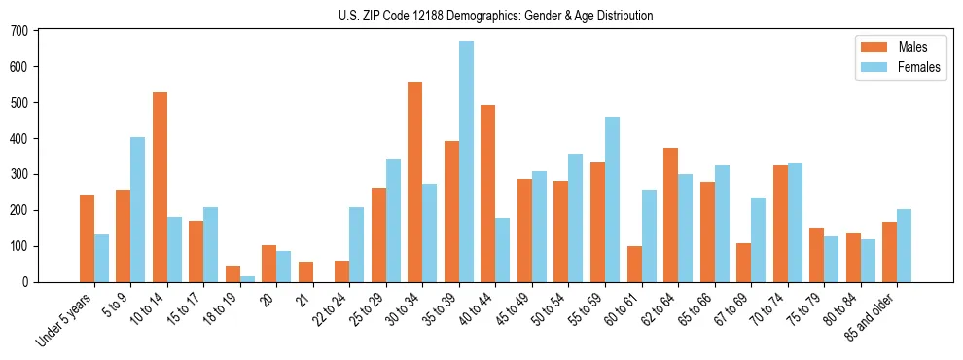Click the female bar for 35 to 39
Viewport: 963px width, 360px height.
(467, 162)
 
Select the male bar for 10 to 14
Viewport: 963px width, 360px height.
(160, 188)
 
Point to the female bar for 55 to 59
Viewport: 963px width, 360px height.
(613, 199)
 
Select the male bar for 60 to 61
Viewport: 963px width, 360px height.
(634, 265)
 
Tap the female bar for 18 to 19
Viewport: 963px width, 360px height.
(247, 279)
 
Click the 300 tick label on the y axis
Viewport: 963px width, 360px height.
(19, 175)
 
